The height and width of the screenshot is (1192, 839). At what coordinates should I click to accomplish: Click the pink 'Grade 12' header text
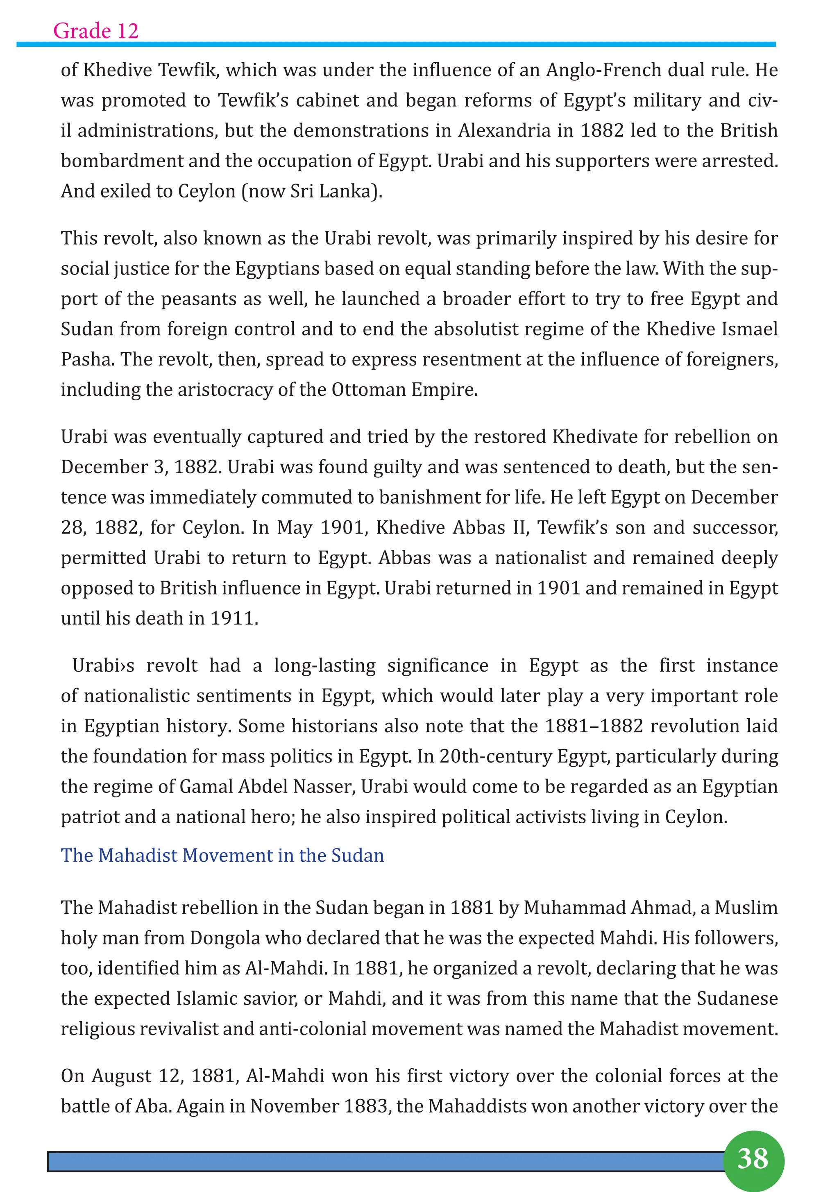point(95,31)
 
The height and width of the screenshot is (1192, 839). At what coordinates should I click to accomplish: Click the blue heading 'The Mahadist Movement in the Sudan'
point(222,855)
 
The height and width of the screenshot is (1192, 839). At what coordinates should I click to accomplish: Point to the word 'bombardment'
point(122,161)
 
